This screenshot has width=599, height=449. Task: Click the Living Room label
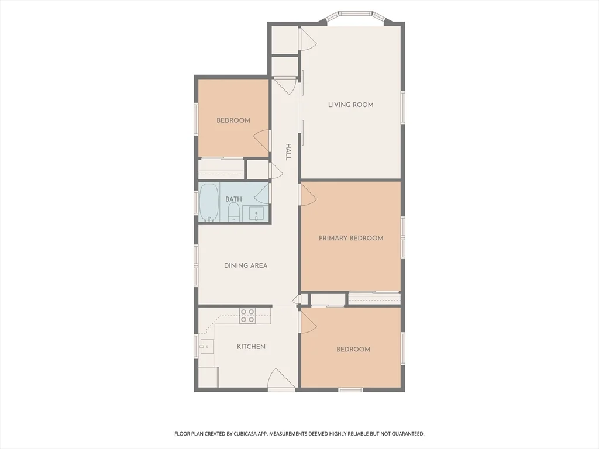point(350,105)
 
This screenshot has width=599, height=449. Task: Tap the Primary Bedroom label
point(351,238)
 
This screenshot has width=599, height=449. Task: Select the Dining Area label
point(246,265)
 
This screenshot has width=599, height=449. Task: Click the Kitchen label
point(251,347)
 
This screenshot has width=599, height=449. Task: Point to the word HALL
point(288,152)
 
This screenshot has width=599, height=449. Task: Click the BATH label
point(233,199)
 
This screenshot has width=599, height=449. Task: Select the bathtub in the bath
point(209,202)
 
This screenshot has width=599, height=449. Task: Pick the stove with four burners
point(247,316)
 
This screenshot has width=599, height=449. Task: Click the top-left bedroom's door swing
point(261,139)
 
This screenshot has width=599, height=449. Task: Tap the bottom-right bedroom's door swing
point(308,322)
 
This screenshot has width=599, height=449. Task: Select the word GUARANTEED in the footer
point(406,434)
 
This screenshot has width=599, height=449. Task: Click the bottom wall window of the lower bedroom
point(351,389)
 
